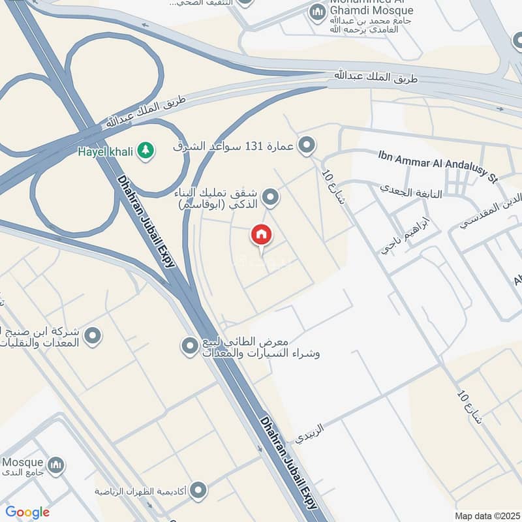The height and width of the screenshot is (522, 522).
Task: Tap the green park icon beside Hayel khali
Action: pyautogui.click(x=145, y=151)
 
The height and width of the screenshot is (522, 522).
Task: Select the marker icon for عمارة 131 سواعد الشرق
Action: pyautogui.click(x=305, y=146)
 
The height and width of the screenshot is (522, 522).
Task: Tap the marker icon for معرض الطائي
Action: pyautogui.click(x=189, y=345)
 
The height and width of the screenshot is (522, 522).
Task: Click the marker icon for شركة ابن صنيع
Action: pyautogui.click(x=93, y=336)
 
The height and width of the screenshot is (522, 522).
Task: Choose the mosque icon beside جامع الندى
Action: pyautogui.click(x=56, y=465)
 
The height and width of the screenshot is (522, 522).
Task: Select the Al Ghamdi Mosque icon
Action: pyautogui.click(x=317, y=12)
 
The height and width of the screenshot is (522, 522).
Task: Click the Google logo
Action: pyautogui.click(x=27, y=512)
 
